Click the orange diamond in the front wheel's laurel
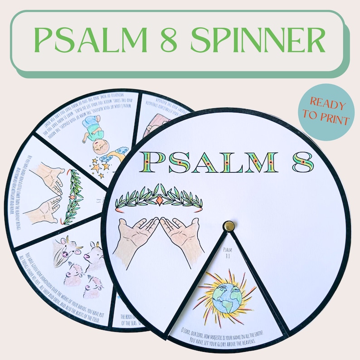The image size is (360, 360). point(160,199)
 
